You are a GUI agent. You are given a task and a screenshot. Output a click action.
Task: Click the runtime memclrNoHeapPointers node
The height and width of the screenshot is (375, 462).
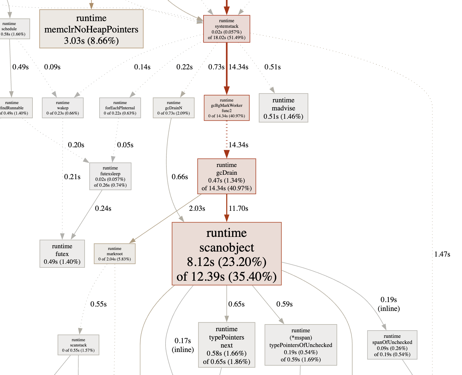(91, 29)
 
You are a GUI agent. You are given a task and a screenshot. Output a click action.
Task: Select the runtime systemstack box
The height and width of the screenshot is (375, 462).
(227, 29)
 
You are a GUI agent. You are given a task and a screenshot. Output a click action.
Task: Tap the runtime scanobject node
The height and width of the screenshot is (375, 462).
(227, 254)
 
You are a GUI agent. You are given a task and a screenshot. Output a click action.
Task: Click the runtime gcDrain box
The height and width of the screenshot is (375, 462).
(227, 176)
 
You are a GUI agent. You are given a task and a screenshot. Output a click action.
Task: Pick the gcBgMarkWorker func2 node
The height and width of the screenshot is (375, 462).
(227, 108)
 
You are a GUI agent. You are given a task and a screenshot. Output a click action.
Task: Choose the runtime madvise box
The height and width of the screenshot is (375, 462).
(283, 108)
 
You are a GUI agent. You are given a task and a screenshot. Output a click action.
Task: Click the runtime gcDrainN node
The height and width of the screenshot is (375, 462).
(174, 108)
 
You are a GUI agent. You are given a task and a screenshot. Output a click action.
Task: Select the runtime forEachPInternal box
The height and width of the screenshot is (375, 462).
(120, 108)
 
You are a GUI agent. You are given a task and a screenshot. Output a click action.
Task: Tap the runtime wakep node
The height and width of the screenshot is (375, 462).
(63, 108)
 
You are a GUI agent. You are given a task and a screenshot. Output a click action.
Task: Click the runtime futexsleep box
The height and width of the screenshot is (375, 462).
(110, 176)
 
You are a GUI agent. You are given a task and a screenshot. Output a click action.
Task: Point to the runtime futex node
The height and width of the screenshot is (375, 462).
(62, 254)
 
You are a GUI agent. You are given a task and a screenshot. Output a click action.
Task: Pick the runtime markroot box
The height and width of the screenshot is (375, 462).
(115, 254)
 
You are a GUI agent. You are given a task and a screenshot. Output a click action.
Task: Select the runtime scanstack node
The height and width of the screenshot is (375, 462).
(78, 345)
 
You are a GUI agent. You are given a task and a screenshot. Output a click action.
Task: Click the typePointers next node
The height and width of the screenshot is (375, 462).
(227, 345)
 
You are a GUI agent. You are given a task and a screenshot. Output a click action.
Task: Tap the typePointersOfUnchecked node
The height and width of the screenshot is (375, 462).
(301, 345)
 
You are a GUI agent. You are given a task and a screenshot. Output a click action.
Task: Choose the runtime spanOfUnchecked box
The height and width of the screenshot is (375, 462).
(392, 345)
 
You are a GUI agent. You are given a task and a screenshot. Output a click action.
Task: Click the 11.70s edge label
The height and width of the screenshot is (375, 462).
(238, 208)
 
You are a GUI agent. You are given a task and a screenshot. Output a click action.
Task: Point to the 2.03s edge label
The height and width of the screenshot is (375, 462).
(197, 208)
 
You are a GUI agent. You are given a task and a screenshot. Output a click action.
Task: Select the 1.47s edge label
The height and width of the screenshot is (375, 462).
(442, 254)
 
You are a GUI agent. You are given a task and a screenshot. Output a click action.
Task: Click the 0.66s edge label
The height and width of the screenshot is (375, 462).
(180, 177)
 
